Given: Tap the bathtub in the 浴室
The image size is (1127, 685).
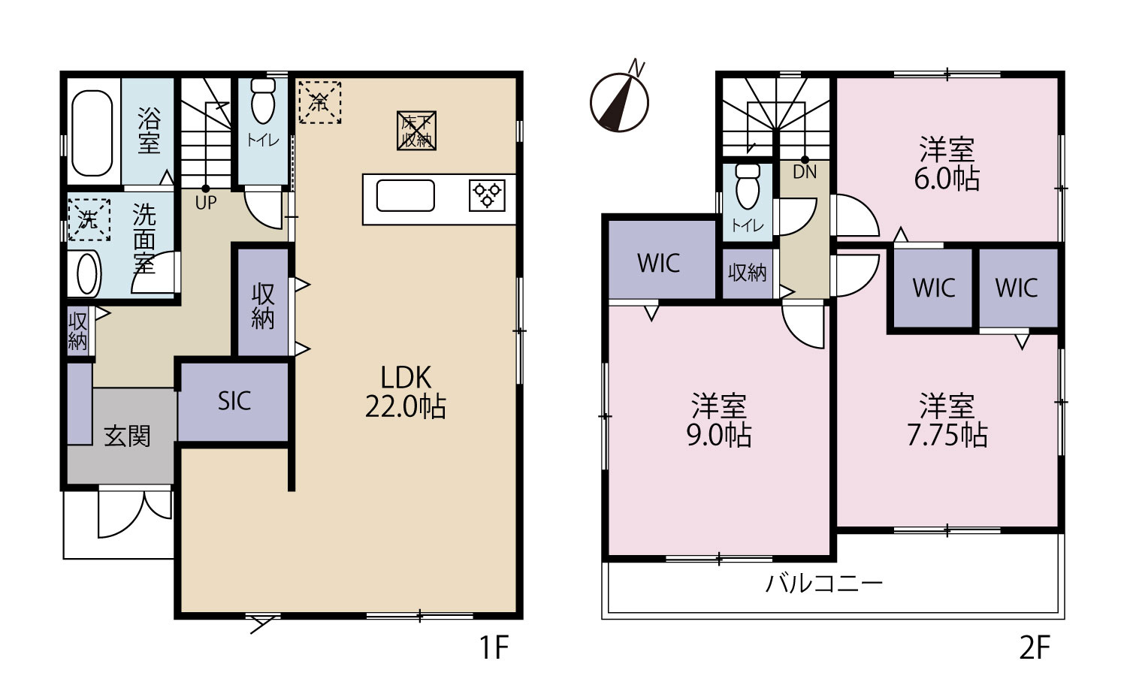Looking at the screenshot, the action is point(92,133).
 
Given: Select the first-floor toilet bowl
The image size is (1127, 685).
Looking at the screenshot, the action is point(263,101).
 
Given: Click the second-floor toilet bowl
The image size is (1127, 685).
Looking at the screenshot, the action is point(748,186).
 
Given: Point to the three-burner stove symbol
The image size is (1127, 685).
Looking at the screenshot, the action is point(487,195).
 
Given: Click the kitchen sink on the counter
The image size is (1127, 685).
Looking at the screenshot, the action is point(406,195).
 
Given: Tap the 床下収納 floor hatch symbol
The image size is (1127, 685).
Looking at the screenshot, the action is point(416,131).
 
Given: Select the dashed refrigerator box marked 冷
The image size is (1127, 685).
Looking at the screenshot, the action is point(320,102).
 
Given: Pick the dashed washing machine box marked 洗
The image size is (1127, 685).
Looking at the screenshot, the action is point(89,219).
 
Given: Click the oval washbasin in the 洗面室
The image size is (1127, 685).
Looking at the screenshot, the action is point(87,273).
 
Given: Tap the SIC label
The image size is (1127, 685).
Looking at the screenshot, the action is point(234,401).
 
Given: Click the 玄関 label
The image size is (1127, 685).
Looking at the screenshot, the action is point(127,436).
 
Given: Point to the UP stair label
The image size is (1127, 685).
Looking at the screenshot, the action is point(206,203).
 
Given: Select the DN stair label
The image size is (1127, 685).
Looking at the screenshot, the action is point(805,173).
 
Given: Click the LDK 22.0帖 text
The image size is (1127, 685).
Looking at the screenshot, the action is point(406,392).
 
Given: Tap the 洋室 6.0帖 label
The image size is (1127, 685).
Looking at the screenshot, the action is point(947,164).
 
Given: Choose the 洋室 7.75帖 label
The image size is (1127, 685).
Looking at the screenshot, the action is point(947,421).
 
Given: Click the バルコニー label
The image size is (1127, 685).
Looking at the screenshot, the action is point(824,584).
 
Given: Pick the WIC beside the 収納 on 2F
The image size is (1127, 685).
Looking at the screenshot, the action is point(659,263).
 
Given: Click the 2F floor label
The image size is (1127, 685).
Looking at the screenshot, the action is point(1035,647).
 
